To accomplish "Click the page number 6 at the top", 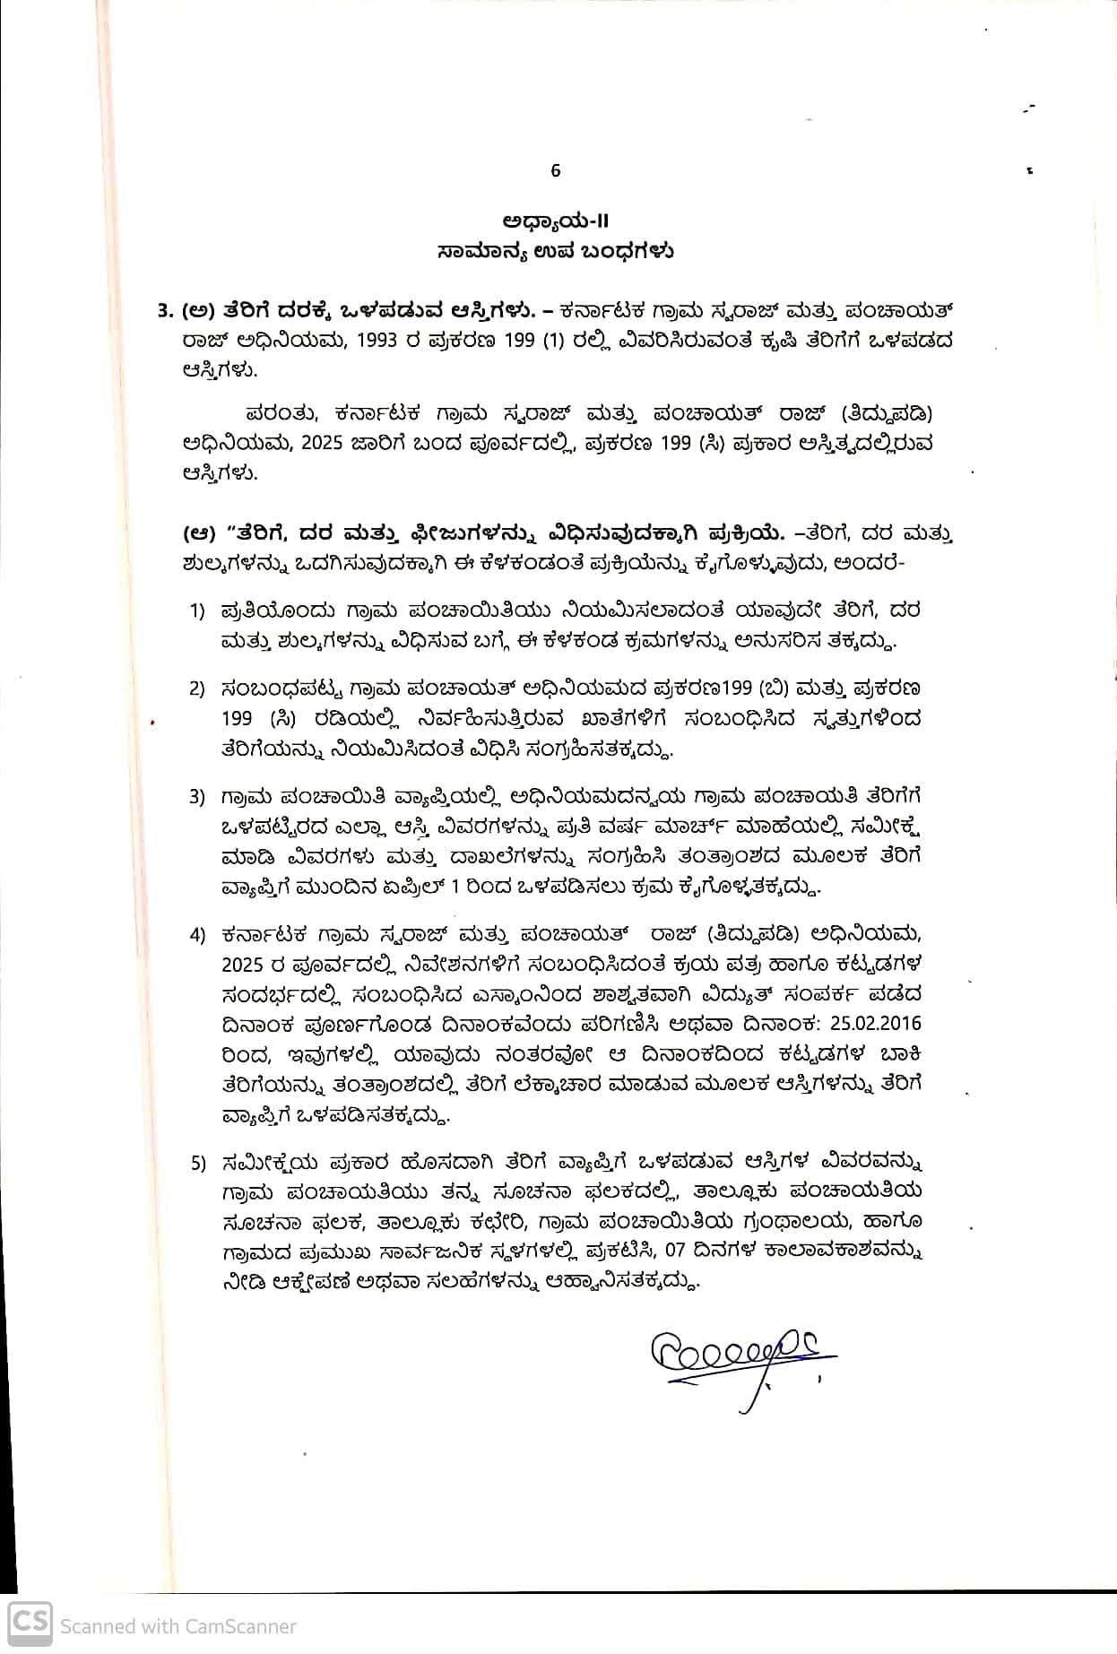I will coord(555,170).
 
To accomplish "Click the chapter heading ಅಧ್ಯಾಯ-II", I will coord(555,221).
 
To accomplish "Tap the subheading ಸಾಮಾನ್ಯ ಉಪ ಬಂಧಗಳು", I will coord(556,251).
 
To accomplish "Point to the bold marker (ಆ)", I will coord(199,534).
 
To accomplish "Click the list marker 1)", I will coord(197,611).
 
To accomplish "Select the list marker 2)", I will coord(197,689).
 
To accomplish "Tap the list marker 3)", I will coord(197,797).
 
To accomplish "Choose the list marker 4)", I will coord(197,935).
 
